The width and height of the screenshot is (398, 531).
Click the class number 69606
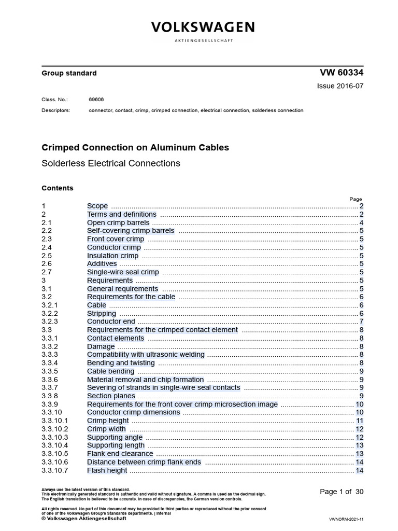[96, 99]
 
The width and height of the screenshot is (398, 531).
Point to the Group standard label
[69, 74]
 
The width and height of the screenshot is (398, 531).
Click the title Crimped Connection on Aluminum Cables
[135, 148]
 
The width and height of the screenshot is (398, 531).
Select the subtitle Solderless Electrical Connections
[110, 163]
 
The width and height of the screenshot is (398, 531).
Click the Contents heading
[57, 188]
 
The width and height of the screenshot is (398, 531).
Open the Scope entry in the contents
[97, 206]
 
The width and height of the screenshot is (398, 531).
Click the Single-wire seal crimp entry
[123, 272]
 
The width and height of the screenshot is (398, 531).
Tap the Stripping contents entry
[102, 314]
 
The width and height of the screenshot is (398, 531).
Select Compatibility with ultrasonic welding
[146, 355]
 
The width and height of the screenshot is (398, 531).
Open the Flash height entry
[107, 470]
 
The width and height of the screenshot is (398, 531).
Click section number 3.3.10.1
[55, 421]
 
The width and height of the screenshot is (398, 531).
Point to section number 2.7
[47, 272]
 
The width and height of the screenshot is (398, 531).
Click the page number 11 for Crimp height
[360, 421]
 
